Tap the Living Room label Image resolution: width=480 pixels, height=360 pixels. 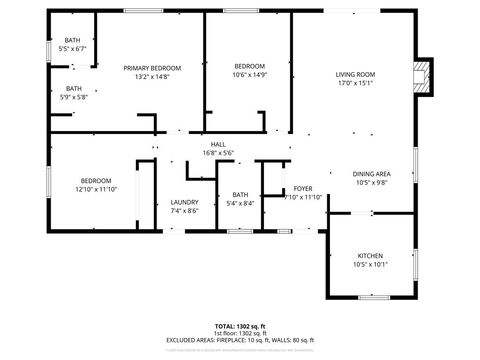[354, 75]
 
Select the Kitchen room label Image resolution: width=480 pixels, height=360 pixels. [371, 255]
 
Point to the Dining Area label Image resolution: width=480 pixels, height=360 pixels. [372, 174]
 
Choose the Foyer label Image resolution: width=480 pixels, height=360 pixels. [303, 189]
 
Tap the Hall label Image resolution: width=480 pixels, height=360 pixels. [217, 144]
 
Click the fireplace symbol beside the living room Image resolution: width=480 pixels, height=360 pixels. [423, 76]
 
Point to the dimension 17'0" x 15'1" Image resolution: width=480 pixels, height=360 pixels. [354, 84]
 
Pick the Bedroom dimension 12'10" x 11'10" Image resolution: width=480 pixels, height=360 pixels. [96, 189]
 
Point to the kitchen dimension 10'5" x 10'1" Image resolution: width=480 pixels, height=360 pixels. [371, 264]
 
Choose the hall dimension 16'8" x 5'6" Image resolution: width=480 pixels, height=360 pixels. [217, 153]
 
